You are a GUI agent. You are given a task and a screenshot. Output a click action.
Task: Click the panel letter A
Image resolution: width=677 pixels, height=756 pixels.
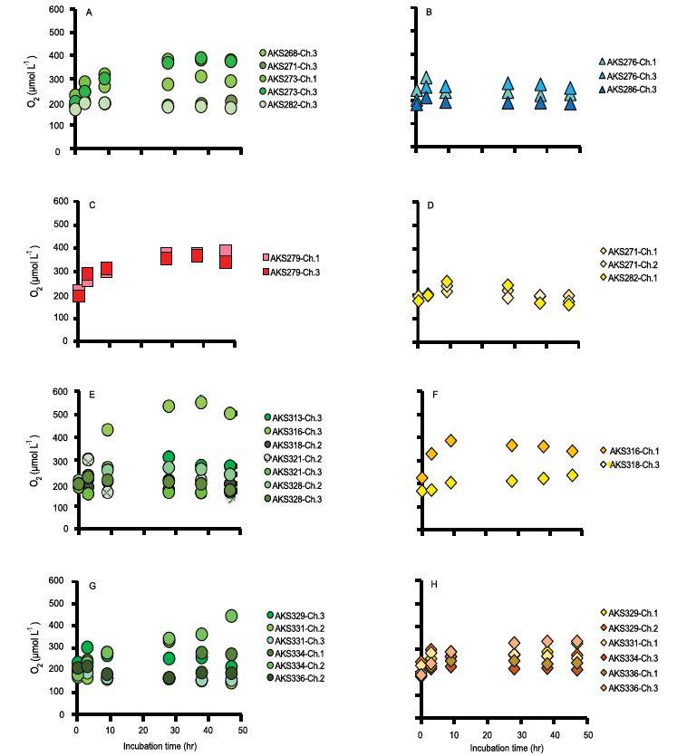(x=88, y=13)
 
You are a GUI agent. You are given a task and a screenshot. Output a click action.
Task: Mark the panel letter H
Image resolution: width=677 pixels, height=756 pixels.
(x=431, y=585)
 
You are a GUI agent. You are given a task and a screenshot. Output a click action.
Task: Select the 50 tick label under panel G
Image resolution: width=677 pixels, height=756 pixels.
(x=242, y=729)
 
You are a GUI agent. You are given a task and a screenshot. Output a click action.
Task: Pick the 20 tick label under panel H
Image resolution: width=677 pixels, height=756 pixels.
(x=486, y=729)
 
